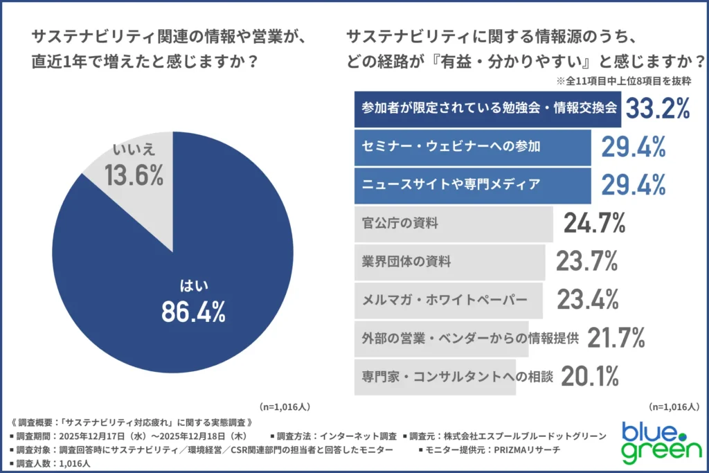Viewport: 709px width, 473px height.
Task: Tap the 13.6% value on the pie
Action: pos(134,175)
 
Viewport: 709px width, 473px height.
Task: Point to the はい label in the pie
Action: pos(193,284)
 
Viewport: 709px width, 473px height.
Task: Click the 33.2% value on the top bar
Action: pos(658,109)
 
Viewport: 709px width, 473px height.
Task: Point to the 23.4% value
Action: pos(587,299)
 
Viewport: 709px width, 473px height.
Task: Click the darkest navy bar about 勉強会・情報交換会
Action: pos(487,109)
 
